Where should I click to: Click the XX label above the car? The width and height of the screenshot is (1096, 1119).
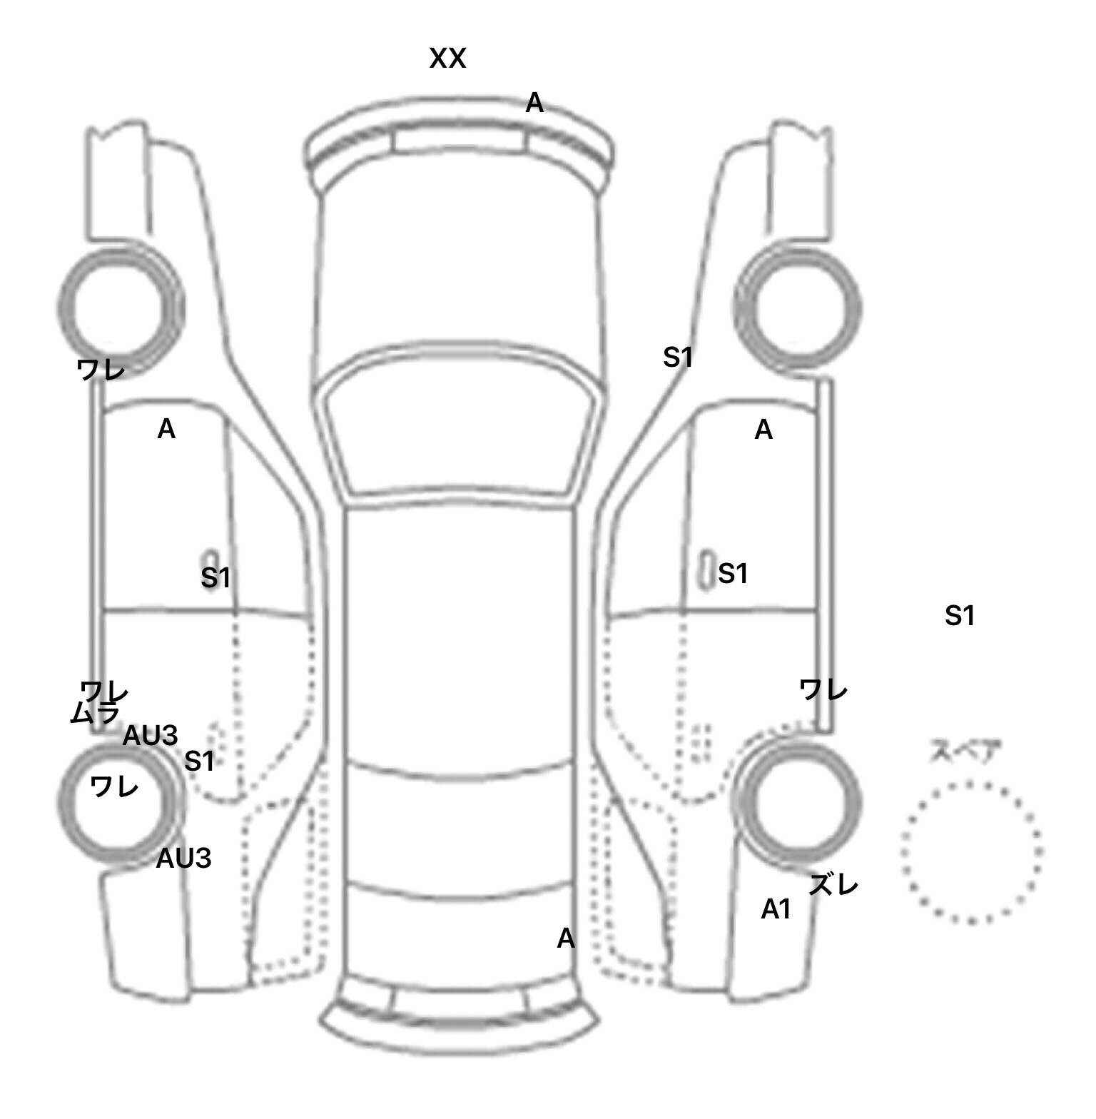[x=447, y=59]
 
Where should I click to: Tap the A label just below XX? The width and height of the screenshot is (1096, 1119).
[x=534, y=103]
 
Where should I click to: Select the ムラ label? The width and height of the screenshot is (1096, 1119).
[x=94, y=712]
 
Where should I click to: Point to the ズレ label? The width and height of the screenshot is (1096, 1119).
[x=833, y=886]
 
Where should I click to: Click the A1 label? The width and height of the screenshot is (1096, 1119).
[x=776, y=909]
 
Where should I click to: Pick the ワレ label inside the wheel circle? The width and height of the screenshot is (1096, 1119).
[x=114, y=786]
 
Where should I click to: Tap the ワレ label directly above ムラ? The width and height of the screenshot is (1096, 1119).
[x=104, y=691]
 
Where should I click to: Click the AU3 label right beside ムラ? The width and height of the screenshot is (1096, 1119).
[x=150, y=736]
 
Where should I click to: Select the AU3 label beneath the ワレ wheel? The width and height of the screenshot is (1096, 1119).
[x=183, y=859]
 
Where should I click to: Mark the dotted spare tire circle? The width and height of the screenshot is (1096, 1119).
[x=971, y=851]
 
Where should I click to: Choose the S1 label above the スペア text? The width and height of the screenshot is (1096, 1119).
[x=959, y=615]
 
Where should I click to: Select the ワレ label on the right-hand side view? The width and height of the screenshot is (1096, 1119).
[x=823, y=690]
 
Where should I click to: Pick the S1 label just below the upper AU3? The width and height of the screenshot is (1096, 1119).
[x=199, y=761]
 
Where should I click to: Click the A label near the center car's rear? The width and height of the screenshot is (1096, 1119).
[x=565, y=938]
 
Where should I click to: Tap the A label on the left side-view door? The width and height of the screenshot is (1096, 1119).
[x=166, y=429]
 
